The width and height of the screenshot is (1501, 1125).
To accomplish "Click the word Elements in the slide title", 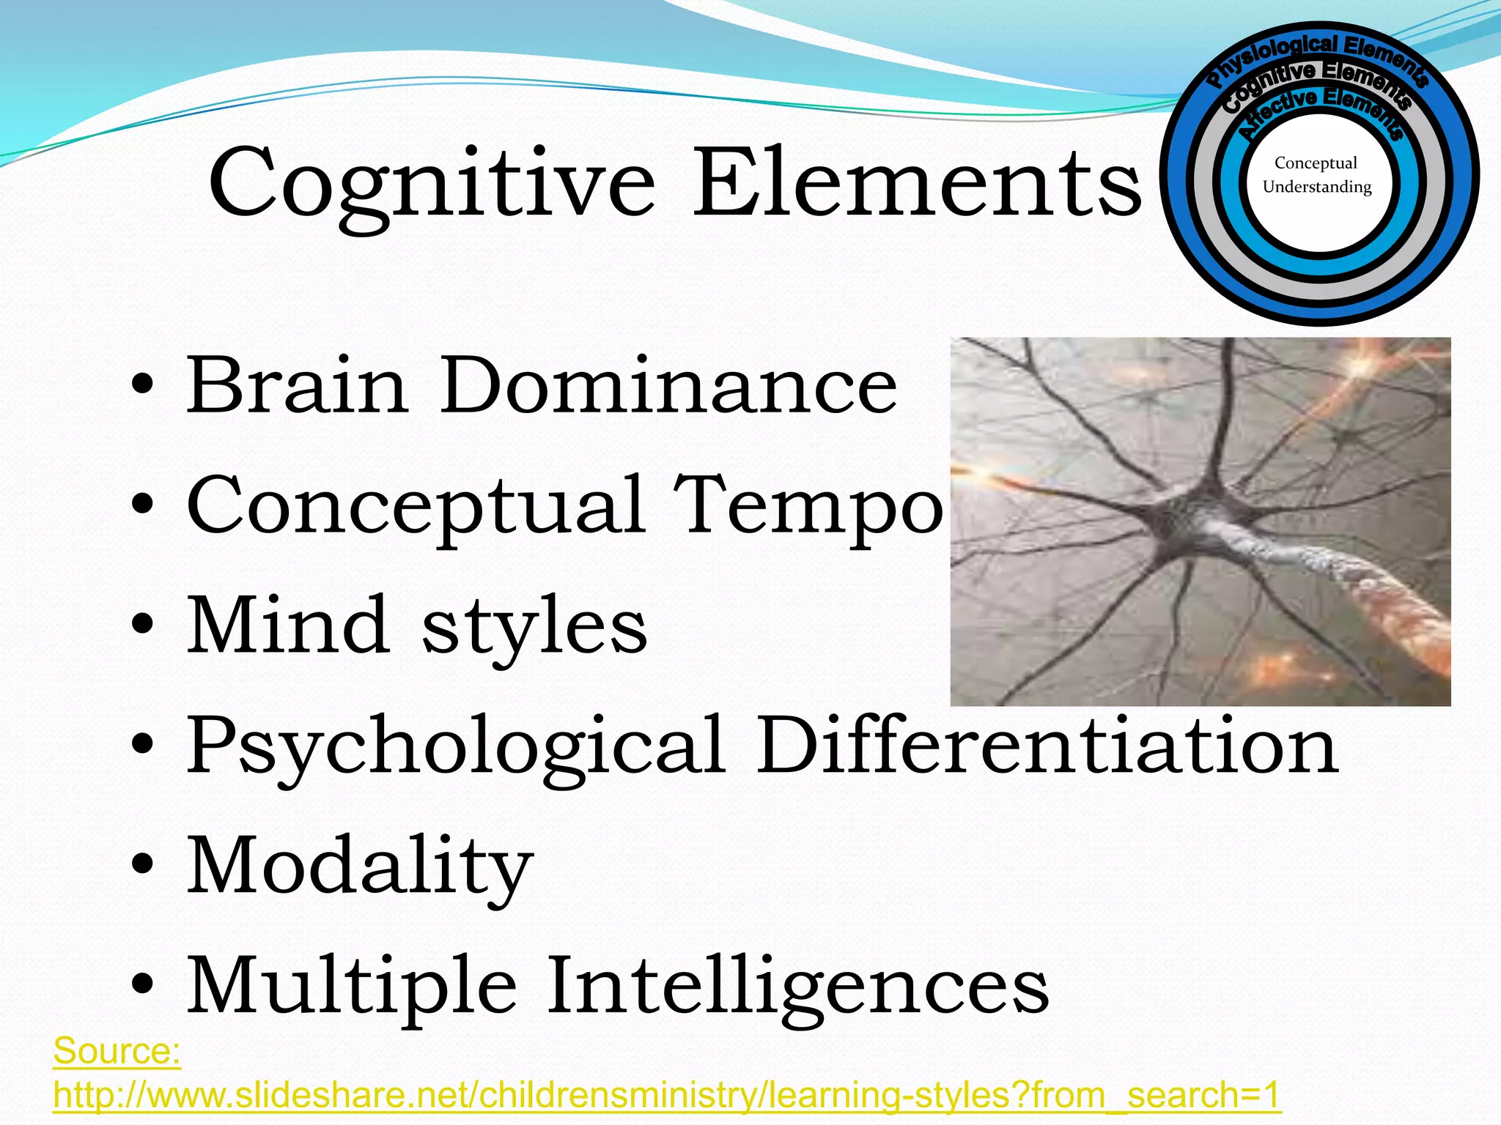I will coord(917,183).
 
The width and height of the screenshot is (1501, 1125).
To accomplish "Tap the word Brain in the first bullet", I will coord(297,385).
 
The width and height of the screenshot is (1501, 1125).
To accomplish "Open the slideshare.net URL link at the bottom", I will coord(667,1096).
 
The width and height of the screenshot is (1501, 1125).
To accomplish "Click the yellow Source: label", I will coord(117,1052).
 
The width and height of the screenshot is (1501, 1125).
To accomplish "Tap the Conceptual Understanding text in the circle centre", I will coord(1317,175).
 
